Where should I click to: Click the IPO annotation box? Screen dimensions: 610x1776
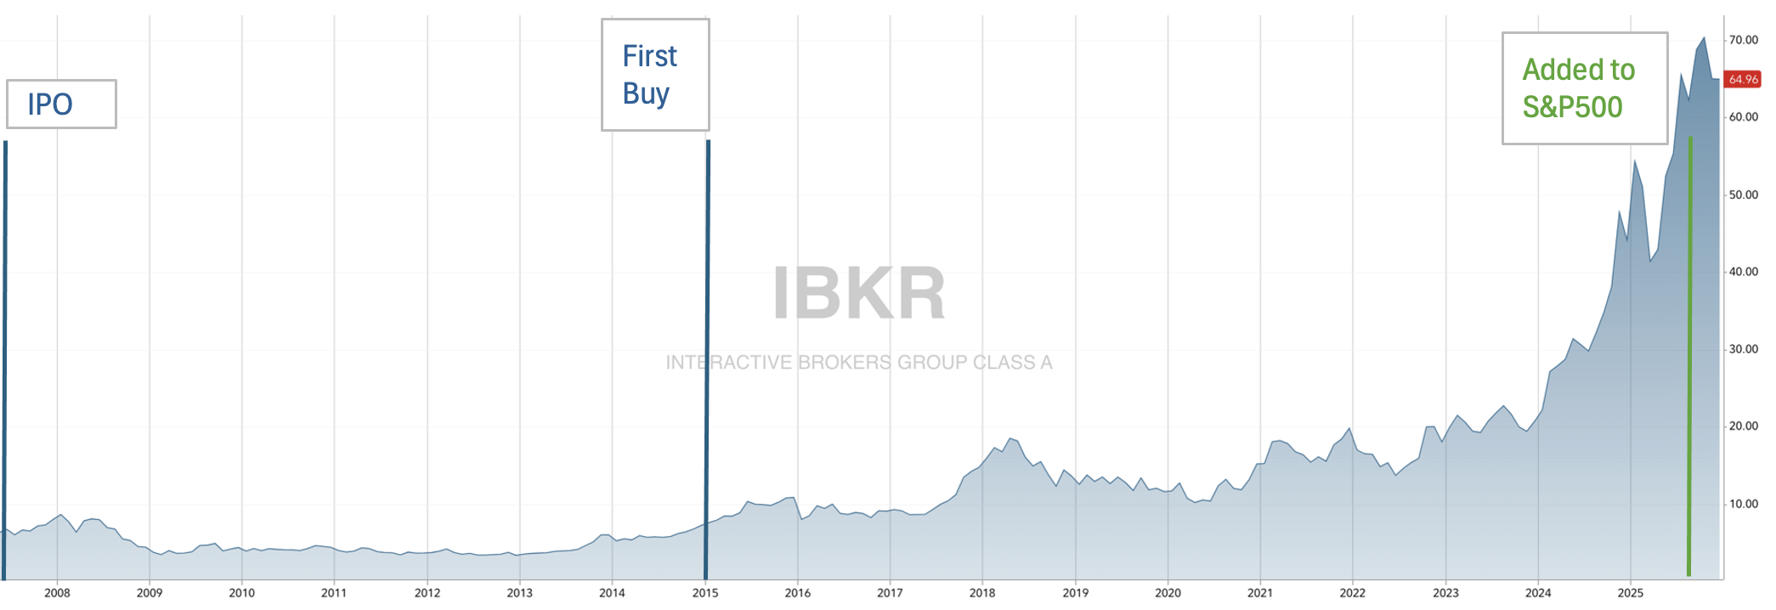click(61, 104)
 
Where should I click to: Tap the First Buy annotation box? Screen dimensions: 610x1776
click(655, 75)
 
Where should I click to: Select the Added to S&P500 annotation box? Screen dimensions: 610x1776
click(1584, 88)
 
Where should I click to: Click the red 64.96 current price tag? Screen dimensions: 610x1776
click(1743, 80)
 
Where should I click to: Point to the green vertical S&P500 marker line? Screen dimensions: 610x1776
click(1689, 357)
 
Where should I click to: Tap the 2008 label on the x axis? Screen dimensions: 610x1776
click(57, 593)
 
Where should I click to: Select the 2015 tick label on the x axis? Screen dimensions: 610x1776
click(705, 593)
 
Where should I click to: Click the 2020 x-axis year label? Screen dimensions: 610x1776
click(1168, 593)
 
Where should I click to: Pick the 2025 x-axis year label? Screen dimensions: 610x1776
click(1630, 593)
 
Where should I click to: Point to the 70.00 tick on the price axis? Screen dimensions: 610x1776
click(1744, 40)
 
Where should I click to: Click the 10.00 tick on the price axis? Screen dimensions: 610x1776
click(1744, 504)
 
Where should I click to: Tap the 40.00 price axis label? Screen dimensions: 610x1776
click(1744, 272)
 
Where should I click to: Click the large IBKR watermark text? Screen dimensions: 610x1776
click(858, 294)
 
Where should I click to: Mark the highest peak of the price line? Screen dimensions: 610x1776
click(1704, 38)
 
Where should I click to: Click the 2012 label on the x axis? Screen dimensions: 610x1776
click(427, 593)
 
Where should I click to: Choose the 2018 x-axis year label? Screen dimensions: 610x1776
click(982, 593)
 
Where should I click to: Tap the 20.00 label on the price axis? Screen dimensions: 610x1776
click(1744, 426)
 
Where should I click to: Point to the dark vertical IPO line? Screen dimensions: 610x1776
click(5, 357)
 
